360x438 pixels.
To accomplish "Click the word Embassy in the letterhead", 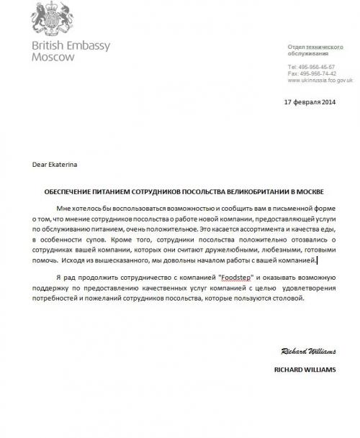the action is point(89,46).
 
